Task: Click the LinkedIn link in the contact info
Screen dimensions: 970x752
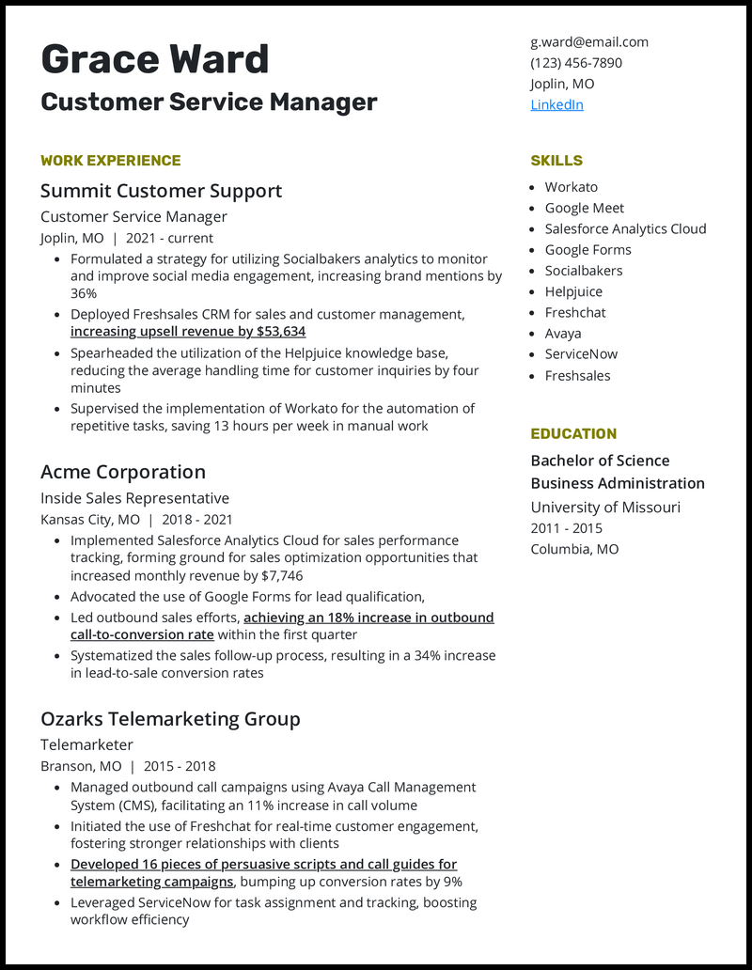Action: [556, 104]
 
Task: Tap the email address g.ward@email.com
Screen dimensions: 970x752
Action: [588, 42]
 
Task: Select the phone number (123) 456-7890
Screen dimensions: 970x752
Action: [575, 63]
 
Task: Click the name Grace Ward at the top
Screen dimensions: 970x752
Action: [155, 60]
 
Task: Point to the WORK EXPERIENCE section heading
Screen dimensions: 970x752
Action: [110, 161]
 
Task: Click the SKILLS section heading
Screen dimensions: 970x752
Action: [556, 161]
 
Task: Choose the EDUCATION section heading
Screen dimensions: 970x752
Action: [573, 434]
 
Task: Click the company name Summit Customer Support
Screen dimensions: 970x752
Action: [161, 191]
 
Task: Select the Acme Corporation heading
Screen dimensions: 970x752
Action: [122, 472]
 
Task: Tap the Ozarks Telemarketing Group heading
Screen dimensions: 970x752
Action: [170, 719]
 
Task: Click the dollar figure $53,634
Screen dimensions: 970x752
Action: [280, 332]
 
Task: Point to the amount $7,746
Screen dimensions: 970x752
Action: [281, 575]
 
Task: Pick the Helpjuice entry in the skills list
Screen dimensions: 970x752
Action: [573, 291]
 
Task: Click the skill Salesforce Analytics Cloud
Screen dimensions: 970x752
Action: [625, 228]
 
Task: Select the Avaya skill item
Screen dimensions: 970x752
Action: [563, 334]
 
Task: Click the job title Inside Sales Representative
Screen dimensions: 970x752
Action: [134, 498]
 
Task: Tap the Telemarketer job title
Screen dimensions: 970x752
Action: [86, 745]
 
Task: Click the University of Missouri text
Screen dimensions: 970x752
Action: [605, 508]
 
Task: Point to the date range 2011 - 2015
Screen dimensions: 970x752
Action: [566, 528]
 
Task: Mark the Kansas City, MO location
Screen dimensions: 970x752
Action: [90, 520]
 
